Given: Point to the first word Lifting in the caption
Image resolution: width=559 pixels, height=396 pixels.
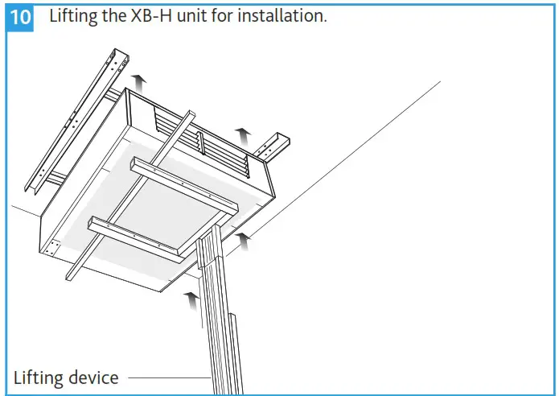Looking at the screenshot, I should coord(76,17).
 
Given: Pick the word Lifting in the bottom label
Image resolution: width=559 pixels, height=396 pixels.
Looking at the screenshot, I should coord(38,377).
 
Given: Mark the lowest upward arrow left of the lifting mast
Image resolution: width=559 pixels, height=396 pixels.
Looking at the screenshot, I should coord(191,301).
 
